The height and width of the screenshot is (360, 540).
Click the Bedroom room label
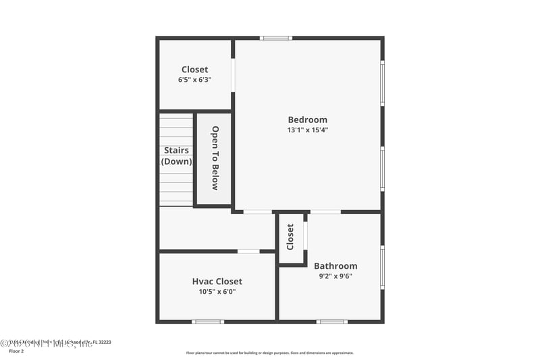(x=307, y=120)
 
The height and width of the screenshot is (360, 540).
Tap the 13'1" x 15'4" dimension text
(x=307, y=130)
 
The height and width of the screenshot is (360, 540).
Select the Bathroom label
(x=335, y=266)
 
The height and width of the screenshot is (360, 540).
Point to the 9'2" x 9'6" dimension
(x=335, y=276)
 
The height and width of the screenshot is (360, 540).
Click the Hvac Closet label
(x=217, y=282)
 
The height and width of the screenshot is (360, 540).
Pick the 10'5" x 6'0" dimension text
(x=217, y=292)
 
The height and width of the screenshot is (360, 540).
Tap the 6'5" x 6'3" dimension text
(x=194, y=80)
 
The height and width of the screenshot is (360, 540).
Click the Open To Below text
(x=215, y=158)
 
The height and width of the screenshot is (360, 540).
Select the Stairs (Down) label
(x=176, y=156)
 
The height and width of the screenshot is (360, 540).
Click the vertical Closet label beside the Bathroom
(x=290, y=237)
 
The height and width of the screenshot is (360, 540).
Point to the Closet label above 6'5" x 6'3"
(x=194, y=70)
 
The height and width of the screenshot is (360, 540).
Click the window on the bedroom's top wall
(x=276, y=38)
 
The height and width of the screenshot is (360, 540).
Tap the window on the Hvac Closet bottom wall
(x=207, y=322)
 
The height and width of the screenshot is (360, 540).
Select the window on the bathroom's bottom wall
(x=331, y=322)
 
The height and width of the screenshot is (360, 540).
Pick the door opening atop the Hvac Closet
(x=248, y=251)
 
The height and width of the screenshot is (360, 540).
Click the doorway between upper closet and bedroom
(x=233, y=75)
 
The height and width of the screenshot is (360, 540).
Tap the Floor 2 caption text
(x=16, y=351)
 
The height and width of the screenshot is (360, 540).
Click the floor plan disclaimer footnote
(x=269, y=353)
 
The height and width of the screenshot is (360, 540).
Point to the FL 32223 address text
(x=101, y=342)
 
